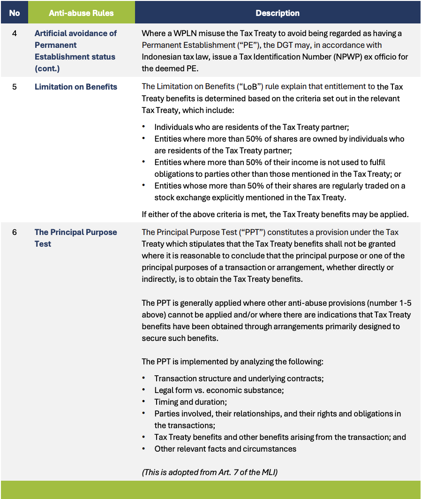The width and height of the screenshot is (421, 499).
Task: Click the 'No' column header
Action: (x=15, y=13)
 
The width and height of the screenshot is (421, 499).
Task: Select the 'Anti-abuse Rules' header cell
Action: (x=81, y=13)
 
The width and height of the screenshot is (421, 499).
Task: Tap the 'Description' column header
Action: (x=278, y=13)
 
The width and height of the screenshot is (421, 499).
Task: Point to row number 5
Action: (x=15, y=87)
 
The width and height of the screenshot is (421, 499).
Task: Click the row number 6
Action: (x=15, y=232)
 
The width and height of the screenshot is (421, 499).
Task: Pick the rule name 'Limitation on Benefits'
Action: (x=76, y=87)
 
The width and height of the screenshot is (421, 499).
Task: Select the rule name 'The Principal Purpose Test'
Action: (x=75, y=238)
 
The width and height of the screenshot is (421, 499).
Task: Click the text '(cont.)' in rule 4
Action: (x=47, y=68)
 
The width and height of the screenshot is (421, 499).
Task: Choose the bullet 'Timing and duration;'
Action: (x=190, y=402)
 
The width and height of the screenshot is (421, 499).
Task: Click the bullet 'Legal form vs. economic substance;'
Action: (x=219, y=390)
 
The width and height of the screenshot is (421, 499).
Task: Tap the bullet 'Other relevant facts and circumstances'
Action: (x=225, y=449)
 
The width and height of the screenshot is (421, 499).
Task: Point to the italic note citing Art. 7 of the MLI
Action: (x=210, y=472)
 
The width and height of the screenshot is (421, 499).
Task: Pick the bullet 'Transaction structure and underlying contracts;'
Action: (x=239, y=378)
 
